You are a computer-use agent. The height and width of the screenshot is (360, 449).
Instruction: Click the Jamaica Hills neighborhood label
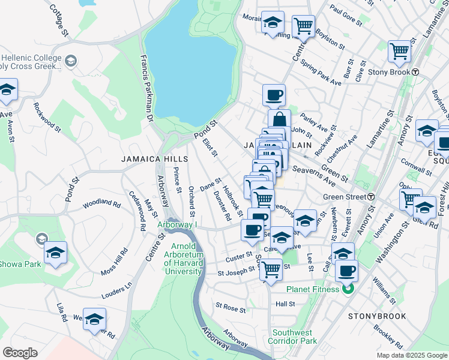click(x=155, y=160)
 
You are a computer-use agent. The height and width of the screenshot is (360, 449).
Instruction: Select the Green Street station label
click(x=345, y=197)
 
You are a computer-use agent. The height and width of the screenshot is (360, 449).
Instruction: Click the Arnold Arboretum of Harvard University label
click(x=184, y=259)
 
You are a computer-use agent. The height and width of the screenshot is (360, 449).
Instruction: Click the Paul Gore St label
click(x=346, y=17)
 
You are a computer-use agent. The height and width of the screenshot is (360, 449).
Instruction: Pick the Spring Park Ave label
click(x=321, y=71)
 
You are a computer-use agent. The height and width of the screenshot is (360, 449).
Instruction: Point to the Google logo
click(x=20, y=353)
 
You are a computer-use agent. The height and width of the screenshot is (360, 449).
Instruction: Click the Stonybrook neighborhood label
click(x=376, y=316)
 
